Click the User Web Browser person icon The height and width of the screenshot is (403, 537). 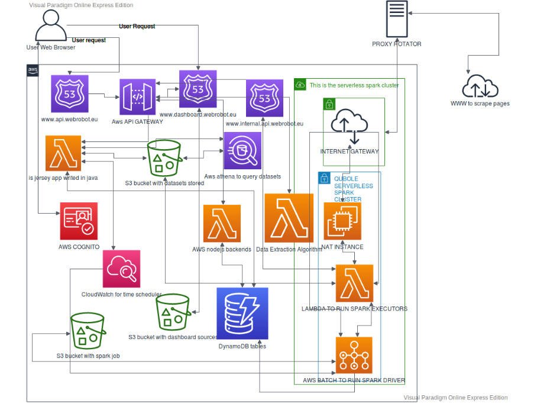point(51,27)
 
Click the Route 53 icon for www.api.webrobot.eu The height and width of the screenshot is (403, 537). point(69,94)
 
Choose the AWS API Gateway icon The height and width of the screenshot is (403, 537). point(138,97)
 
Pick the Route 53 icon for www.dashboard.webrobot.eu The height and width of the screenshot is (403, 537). point(198,89)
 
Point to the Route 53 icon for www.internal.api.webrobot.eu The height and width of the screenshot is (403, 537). point(265,99)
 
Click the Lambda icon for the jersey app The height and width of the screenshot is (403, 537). point(63,153)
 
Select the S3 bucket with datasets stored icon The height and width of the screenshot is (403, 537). point(163,158)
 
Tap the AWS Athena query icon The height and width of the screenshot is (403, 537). point(242,151)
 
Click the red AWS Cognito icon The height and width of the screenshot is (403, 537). point(79,221)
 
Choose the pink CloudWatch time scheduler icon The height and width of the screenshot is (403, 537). point(121,269)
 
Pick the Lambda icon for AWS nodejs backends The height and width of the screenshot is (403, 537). point(222,224)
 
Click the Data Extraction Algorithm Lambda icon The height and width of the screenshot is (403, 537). point(289,218)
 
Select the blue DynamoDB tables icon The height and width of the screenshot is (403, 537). point(242,313)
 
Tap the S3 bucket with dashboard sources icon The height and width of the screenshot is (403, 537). point(173,312)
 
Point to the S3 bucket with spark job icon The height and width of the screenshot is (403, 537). point(88,331)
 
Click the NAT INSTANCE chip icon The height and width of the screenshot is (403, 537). point(342,221)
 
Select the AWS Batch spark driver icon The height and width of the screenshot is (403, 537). point(354,355)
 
